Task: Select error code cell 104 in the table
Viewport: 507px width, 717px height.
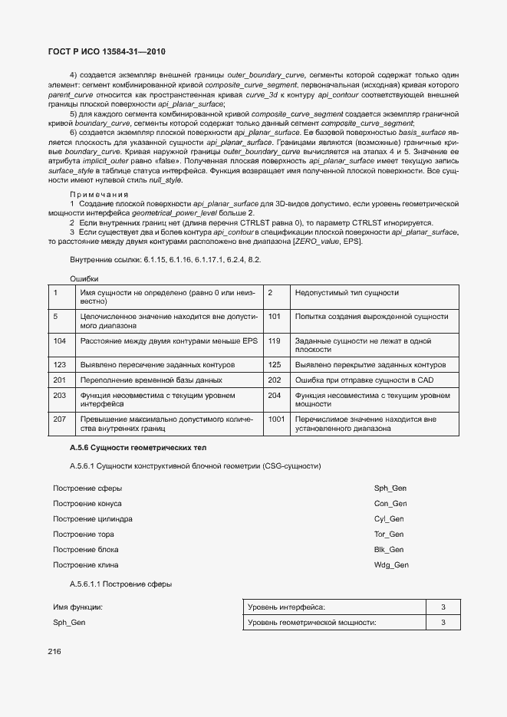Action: click(x=60, y=340)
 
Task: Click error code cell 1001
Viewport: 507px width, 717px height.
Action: click(x=277, y=419)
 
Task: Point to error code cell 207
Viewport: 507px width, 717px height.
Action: click(x=60, y=419)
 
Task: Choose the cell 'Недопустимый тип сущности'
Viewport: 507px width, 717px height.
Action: click(x=336, y=292)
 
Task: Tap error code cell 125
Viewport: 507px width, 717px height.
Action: click(x=275, y=365)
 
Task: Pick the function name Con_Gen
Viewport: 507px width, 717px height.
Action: click(x=390, y=504)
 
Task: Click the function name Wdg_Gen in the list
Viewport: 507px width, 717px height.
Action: click(x=391, y=565)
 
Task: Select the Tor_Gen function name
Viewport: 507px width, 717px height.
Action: click(x=389, y=534)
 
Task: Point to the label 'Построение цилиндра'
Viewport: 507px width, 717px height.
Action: click(x=92, y=519)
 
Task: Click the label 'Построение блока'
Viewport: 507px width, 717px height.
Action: click(x=85, y=550)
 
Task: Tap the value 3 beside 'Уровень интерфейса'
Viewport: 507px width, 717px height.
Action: click(x=443, y=607)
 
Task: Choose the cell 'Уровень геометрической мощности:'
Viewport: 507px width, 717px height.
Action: click(x=311, y=623)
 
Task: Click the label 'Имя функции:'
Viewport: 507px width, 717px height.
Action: click(x=77, y=607)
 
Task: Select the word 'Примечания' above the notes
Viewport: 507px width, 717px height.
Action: click(x=98, y=194)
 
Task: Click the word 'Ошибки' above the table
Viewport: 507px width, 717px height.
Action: click(x=84, y=278)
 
